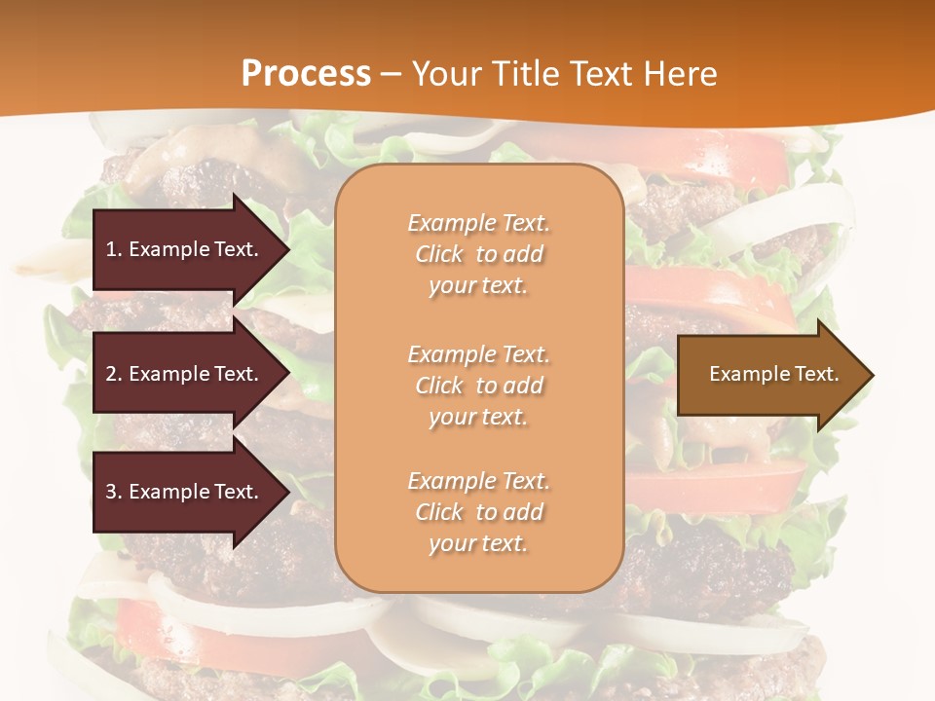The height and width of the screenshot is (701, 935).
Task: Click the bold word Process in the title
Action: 306,74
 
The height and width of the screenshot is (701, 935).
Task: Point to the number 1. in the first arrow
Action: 114,249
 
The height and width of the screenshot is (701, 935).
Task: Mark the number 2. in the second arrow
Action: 114,374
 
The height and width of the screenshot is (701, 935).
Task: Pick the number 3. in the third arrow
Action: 114,492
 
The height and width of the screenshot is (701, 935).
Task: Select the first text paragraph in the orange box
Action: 478,254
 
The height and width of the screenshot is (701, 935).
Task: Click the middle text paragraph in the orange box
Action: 478,386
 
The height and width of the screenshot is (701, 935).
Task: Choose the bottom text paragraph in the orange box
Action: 478,512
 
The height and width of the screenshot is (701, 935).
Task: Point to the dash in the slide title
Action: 391,74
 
